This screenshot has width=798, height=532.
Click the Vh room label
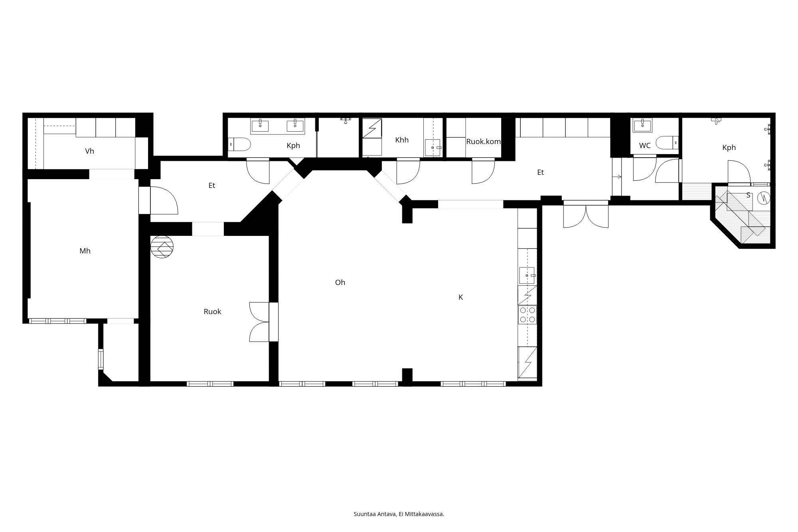89,151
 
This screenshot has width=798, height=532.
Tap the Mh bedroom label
85,251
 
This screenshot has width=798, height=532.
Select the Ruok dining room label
212,312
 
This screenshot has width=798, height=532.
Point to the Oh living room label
340,283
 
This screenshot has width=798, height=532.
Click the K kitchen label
460,297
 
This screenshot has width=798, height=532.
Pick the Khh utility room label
402,140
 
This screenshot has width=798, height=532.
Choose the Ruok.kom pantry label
483,142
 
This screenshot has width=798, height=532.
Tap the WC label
645,146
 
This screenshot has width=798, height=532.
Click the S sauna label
748,196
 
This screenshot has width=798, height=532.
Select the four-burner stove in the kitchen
527,314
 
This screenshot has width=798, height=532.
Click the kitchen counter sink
527,275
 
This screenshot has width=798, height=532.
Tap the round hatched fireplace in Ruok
162,247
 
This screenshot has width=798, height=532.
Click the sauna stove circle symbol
764,197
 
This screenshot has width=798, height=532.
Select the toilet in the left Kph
239,144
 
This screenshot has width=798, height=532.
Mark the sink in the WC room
642,125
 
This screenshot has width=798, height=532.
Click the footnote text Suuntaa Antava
375,514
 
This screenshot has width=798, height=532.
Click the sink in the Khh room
433,147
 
